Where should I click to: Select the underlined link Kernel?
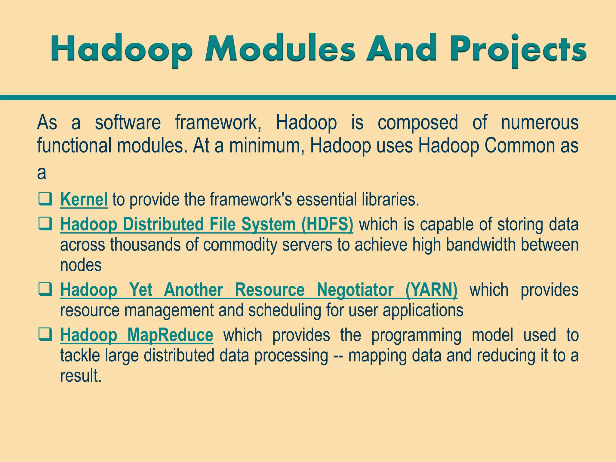tap(84, 199)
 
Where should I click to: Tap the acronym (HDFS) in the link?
tap(327, 225)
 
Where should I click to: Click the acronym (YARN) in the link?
tap(431, 290)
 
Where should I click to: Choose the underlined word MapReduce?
tap(170, 335)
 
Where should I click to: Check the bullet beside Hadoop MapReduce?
tap(45, 335)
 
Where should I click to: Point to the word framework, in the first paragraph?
tap(218, 123)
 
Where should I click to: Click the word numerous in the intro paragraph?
tap(540, 122)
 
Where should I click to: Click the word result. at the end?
tap(81, 376)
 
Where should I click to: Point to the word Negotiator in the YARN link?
tap(355, 290)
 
